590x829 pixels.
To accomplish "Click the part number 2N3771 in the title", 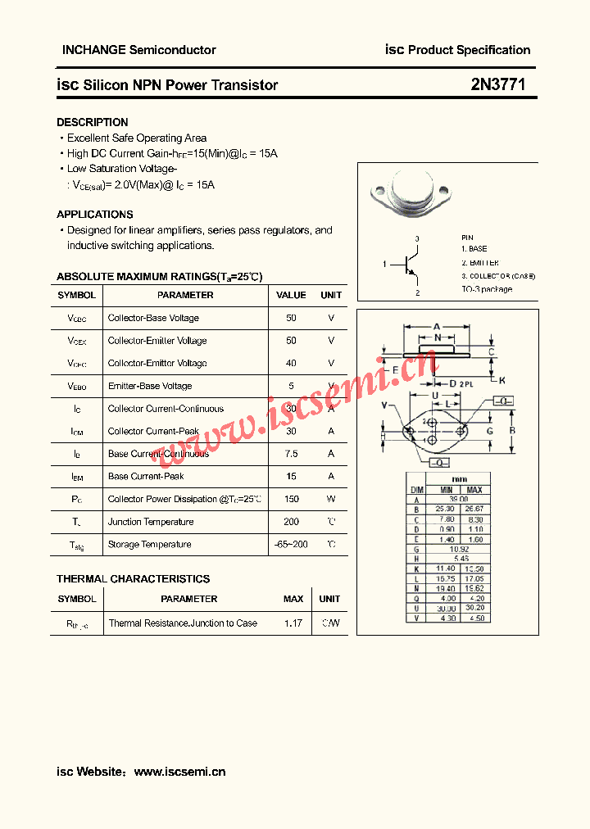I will tap(498, 84).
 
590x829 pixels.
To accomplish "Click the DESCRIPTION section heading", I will tap(92, 122).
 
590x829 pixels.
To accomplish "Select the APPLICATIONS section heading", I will tap(94, 215).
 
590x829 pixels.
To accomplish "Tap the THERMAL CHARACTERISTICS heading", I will tap(133, 578).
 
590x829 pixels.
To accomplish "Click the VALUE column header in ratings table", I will tap(291, 295).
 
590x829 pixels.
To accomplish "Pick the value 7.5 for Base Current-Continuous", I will tap(291, 454).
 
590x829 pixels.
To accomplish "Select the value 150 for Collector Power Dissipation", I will tap(291, 499).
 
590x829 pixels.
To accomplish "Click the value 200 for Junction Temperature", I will tap(291, 522).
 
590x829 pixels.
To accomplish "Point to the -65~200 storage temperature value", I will tap(291, 545).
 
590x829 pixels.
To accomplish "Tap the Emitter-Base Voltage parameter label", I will tap(150, 386).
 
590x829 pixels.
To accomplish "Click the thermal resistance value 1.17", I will tap(293, 623).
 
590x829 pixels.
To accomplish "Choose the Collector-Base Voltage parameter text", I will tap(153, 318).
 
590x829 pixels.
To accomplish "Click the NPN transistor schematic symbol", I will tap(410, 265).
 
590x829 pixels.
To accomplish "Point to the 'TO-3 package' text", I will tap(486, 289).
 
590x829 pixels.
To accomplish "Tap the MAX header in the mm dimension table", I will tap(474, 490).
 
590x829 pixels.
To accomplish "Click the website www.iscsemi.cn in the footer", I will tap(179, 772).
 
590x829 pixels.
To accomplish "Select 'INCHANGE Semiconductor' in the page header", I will tap(139, 50).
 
